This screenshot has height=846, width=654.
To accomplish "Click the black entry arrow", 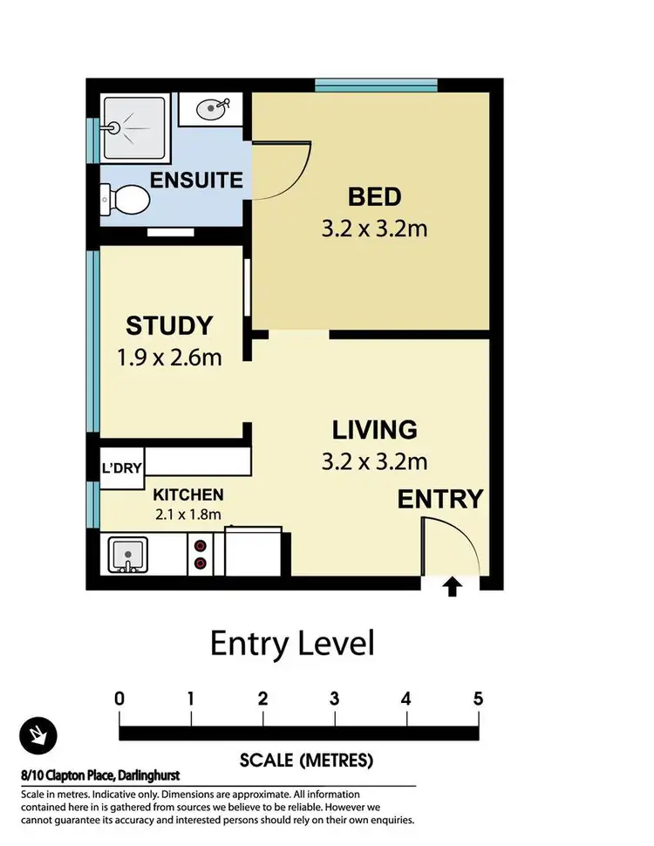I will pos(452,589).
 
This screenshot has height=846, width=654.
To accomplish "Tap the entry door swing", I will pos(450,546).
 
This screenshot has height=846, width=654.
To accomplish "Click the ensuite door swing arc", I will pos(283,169).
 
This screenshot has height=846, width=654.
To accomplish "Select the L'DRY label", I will pos(122,468).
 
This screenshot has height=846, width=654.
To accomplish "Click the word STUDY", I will pos(169,326).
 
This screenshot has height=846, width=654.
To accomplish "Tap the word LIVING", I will pos(375,430).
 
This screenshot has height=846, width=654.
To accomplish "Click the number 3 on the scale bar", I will pos(334,699).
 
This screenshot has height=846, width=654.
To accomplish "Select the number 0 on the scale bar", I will pos(119,699).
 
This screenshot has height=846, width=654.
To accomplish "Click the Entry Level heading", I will pos(292,645).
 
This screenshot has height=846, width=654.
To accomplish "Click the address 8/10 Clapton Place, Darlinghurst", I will pos(100,774).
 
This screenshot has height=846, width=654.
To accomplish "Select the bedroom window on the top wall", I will pos(375,85).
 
